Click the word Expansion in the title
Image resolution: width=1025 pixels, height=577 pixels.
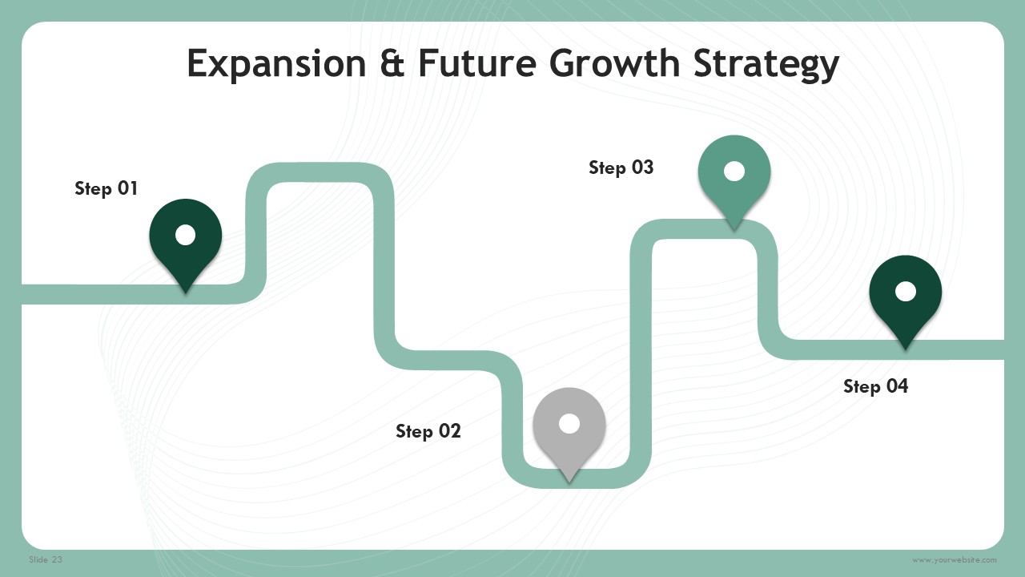[x=276, y=64]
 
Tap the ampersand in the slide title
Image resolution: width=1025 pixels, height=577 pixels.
[x=392, y=63]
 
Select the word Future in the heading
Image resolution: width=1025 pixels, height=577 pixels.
[x=476, y=63]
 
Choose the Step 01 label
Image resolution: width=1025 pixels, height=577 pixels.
[x=107, y=188]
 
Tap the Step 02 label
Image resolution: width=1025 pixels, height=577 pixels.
[x=428, y=431]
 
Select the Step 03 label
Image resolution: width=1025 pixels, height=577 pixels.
[x=621, y=167]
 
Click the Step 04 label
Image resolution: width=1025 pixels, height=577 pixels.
[x=875, y=386]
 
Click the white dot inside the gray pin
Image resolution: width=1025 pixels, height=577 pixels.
[x=569, y=424]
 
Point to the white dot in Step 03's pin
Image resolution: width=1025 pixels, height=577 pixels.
[x=734, y=171]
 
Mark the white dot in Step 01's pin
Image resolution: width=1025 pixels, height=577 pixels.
[x=185, y=235]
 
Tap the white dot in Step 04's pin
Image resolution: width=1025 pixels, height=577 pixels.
[x=905, y=292]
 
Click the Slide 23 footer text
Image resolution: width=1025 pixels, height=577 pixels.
[x=46, y=559]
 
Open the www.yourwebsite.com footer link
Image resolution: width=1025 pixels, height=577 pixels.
[x=954, y=559]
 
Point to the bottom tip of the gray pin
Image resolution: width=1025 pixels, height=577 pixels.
[x=569, y=482]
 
